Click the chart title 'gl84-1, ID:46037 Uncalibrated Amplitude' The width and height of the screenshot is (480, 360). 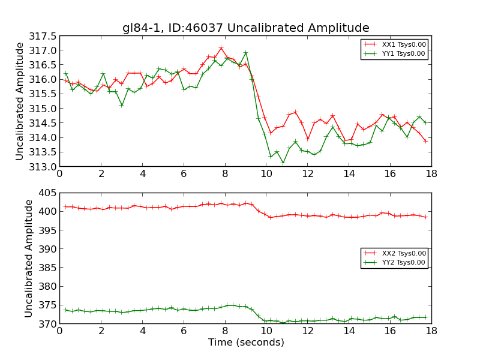click(245, 28)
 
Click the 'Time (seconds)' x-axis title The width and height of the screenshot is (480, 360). click(245, 343)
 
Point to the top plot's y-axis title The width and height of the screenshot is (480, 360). click(20, 101)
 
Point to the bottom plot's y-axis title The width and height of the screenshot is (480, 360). click(29, 258)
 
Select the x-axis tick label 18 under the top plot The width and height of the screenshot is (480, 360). click(431, 174)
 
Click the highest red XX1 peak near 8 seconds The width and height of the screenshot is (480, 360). click(221, 48)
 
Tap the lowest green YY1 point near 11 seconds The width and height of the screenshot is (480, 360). click(283, 163)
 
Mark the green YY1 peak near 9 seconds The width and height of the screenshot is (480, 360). click(245, 53)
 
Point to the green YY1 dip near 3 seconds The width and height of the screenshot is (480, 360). click(122, 105)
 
